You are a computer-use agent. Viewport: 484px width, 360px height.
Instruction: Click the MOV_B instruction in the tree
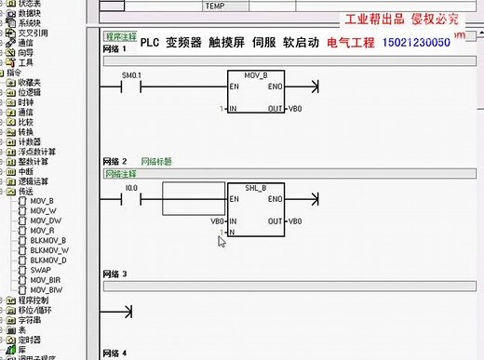[43, 201]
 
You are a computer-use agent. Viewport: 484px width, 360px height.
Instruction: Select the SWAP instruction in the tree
[40, 269]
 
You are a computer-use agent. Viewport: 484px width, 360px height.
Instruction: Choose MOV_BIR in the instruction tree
[46, 279]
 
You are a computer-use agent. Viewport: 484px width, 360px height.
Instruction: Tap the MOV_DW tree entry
[45, 220]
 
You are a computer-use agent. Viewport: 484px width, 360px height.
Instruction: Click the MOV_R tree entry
[43, 230]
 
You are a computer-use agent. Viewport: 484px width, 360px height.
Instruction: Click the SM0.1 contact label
[131, 74]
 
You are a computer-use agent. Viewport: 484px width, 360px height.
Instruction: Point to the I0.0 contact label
[131, 188]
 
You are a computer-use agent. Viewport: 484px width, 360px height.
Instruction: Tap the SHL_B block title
[256, 188]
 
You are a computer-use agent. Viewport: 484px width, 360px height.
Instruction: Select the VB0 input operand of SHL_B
[218, 221]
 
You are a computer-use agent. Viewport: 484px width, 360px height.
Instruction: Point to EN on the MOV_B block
[235, 87]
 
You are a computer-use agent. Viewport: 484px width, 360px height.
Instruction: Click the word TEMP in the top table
[215, 5]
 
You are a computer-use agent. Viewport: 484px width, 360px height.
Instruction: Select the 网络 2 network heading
[117, 162]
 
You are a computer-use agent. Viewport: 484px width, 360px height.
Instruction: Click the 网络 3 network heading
[117, 274]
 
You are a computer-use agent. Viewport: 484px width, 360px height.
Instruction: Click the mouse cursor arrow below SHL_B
[222, 241]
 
